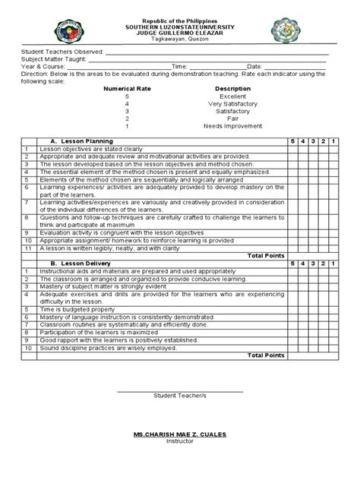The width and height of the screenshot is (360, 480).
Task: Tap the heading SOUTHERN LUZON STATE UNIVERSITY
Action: tap(180, 27)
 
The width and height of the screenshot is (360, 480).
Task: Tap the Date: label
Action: tap(254, 67)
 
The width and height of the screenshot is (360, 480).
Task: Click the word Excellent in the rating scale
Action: tap(232, 97)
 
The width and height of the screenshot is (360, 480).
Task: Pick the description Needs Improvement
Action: tap(232, 126)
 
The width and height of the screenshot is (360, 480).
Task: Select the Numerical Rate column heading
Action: tap(128, 88)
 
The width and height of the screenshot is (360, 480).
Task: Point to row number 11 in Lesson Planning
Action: tap(27, 248)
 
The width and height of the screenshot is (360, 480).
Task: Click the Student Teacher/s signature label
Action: tap(180, 396)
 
